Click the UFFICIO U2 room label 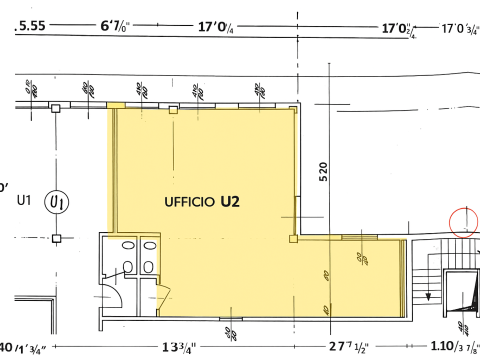click(201, 201)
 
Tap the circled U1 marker click(59, 201)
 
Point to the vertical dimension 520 click(323, 171)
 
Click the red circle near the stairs click(464, 221)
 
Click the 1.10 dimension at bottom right click(451, 349)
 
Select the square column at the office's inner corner click(293, 238)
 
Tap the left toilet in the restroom click(127, 265)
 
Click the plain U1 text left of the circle click(25, 201)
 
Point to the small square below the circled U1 click(59, 237)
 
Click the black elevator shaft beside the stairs click(461, 296)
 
